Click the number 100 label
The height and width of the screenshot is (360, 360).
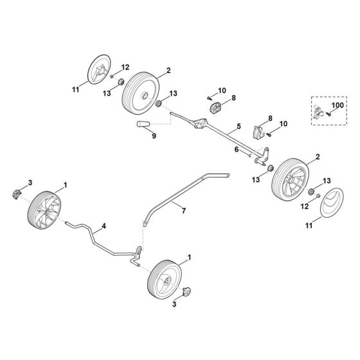pos(337,104)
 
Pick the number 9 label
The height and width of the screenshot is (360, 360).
pos(153,135)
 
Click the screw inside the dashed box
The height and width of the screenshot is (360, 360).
pos(329,113)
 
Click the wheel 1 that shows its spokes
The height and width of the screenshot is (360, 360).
pos(46,210)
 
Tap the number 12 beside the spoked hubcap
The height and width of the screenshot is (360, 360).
pos(125,67)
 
